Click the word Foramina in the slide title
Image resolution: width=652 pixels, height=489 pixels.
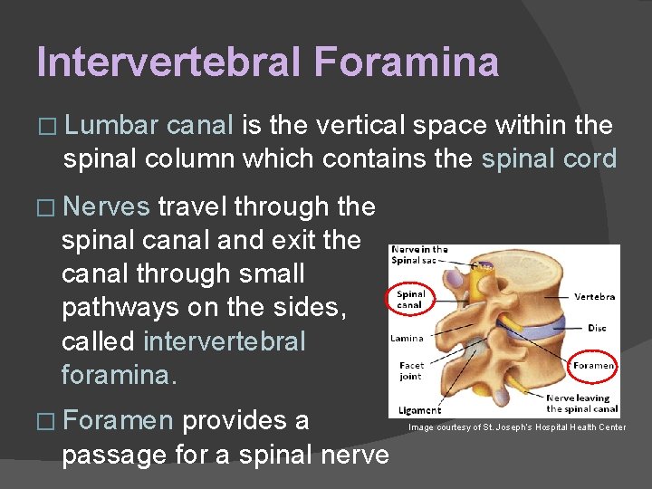click(406, 62)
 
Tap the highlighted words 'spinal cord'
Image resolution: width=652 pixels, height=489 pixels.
click(549, 159)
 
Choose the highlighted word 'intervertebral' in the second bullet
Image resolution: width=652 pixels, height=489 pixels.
click(225, 341)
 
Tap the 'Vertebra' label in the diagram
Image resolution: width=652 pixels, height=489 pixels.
click(595, 296)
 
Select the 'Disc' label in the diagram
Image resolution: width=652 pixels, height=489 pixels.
click(598, 328)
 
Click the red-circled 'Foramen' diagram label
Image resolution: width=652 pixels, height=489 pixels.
click(593, 366)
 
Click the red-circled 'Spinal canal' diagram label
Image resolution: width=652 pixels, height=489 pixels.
click(410, 299)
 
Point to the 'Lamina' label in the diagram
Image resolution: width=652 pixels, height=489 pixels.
click(407, 338)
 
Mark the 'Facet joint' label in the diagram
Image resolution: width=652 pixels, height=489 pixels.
click(411, 371)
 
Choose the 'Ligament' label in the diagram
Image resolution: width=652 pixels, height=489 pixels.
click(419, 410)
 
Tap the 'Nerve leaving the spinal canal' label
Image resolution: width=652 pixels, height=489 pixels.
click(581, 403)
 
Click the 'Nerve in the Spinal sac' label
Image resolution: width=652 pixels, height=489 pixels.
click(419, 254)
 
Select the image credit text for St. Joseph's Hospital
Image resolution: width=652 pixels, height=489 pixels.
click(516, 427)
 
